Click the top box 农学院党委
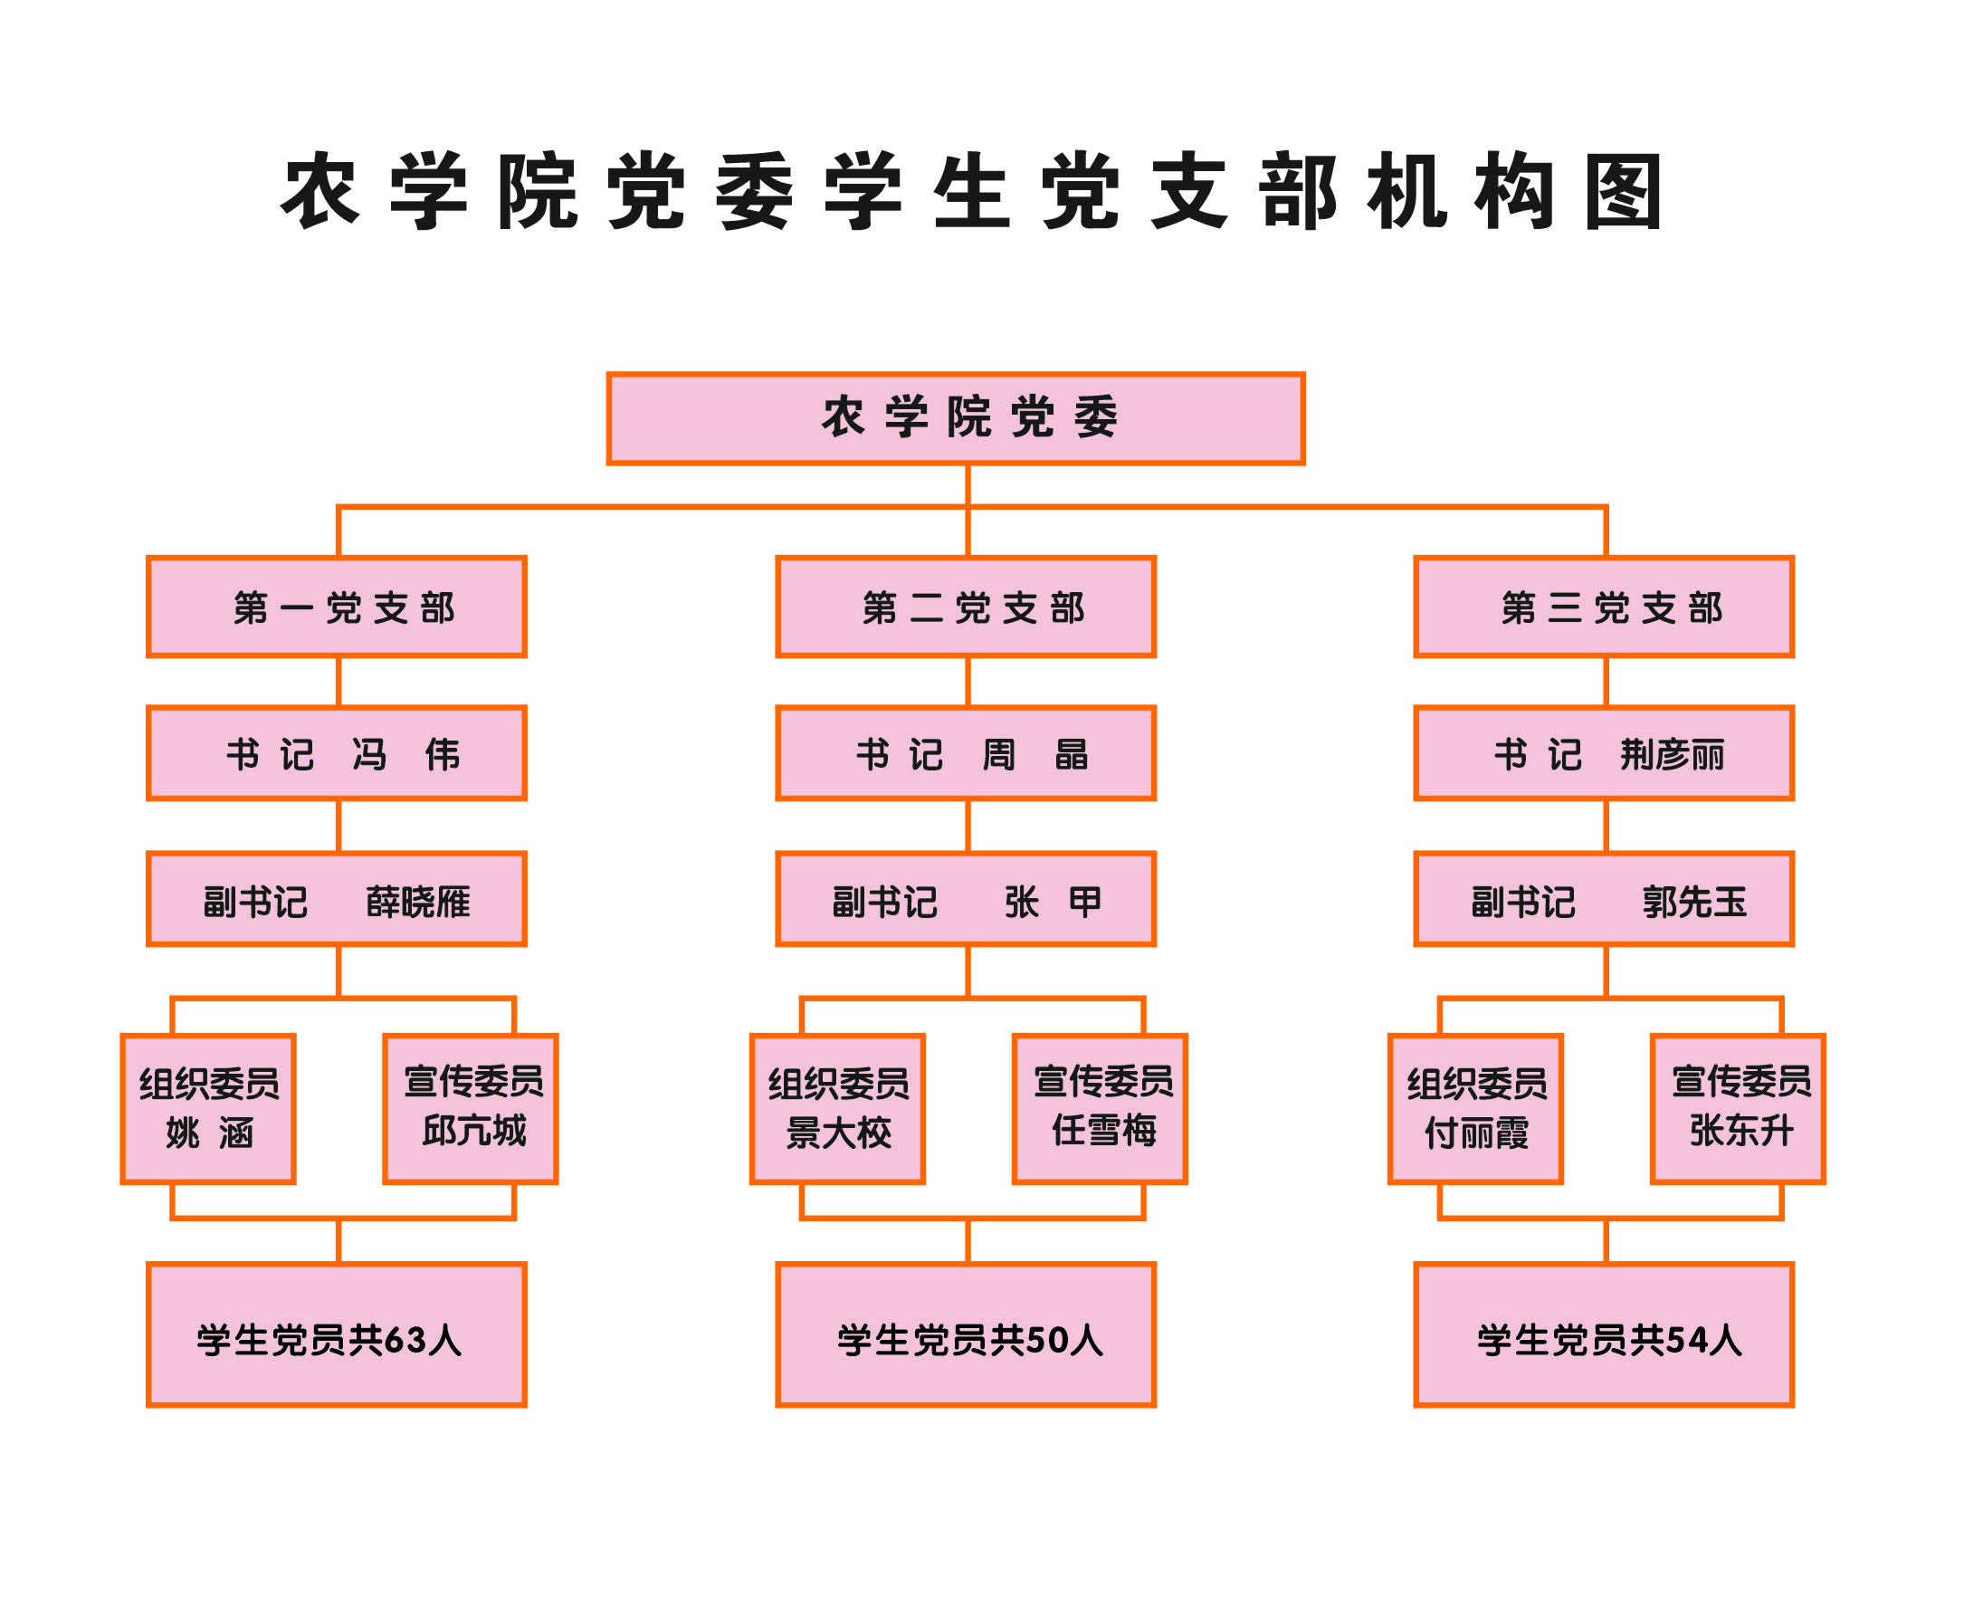(956, 418)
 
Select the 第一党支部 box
(337, 607)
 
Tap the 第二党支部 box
(966, 607)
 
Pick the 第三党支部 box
(1604, 607)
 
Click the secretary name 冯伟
(405, 754)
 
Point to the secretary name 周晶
(1035, 754)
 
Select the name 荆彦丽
(1672, 754)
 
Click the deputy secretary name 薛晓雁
(418, 902)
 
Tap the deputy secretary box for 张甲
(966, 899)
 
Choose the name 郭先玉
(1694, 902)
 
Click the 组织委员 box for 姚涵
(208, 1108)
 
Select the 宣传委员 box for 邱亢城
(471, 1108)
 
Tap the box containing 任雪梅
(1100, 1108)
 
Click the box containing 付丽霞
(1476, 1108)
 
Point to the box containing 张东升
(1738, 1108)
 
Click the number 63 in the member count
(405, 1340)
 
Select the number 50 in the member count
(1046, 1340)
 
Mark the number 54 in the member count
(1686, 1340)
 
